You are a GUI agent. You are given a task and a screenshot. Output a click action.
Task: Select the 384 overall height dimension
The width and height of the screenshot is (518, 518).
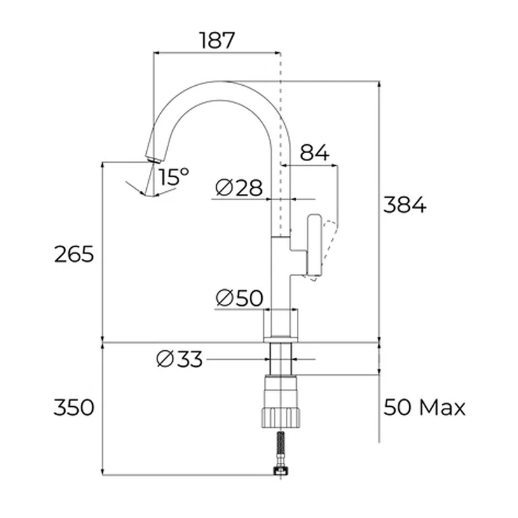click(404, 205)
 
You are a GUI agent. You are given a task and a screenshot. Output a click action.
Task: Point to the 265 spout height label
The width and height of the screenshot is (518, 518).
click(74, 254)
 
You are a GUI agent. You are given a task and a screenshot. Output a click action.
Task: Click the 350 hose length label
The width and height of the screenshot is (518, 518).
click(74, 407)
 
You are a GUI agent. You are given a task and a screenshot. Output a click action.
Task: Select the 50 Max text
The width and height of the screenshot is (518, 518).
click(424, 407)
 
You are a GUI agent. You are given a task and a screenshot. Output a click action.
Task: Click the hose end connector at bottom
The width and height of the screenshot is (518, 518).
click(280, 471)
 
